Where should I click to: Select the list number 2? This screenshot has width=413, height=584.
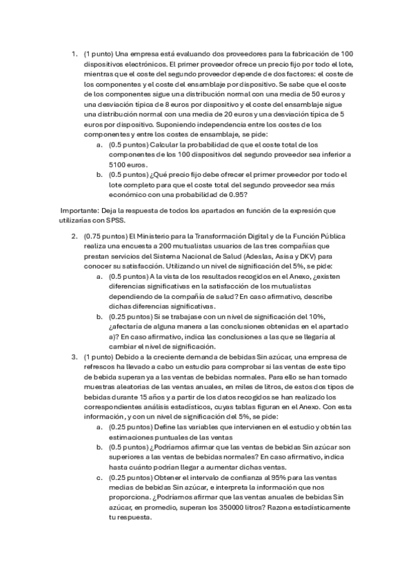click(74, 238)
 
